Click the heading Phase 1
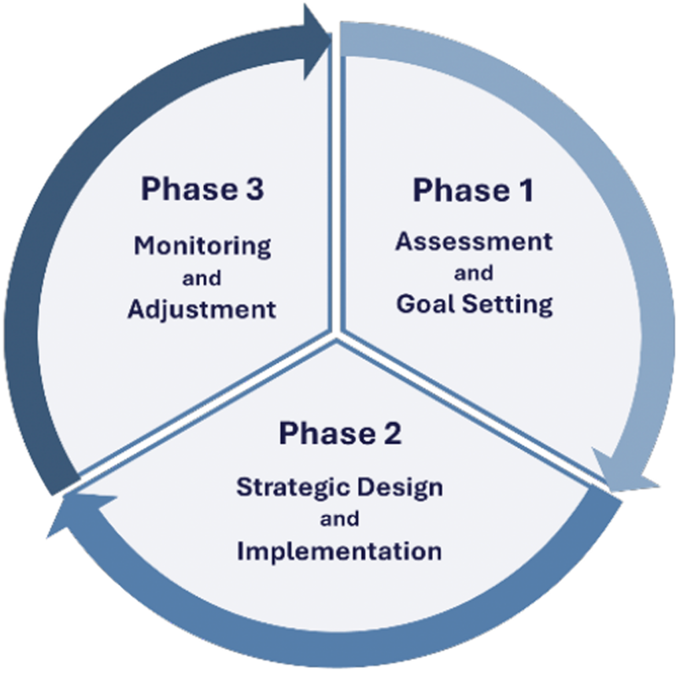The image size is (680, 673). click(x=473, y=190)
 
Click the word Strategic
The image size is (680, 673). click(x=294, y=487)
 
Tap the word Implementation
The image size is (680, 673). click(x=339, y=551)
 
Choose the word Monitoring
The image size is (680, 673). click(x=202, y=246)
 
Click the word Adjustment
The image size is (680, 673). click(x=202, y=309)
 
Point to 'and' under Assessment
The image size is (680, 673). click(x=473, y=273)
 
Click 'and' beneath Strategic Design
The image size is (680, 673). click(x=339, y=519)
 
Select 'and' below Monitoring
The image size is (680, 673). click(x=202, y=278)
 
